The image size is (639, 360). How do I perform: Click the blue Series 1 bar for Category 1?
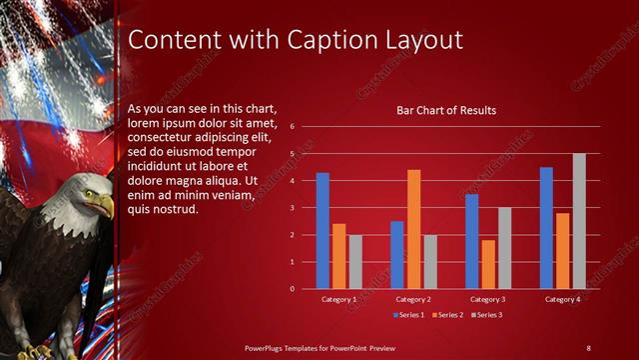point(322,231)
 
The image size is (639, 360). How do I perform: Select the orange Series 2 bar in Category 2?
point(413,229)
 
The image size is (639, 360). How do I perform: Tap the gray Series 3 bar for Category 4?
point(579,221)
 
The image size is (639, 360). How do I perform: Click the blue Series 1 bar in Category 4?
point(546,228)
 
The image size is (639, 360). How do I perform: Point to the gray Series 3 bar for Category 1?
point(355,262)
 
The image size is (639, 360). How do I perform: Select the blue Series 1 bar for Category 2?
point(397,255)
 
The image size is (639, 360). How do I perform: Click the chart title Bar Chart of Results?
point(446,110)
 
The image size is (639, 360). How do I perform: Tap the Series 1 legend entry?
point(408,315)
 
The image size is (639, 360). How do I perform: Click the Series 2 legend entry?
point(446,315)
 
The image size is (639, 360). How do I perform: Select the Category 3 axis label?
point(487,299)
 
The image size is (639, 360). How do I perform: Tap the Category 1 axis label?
point(339,299)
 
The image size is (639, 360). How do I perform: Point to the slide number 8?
point(588,347)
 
